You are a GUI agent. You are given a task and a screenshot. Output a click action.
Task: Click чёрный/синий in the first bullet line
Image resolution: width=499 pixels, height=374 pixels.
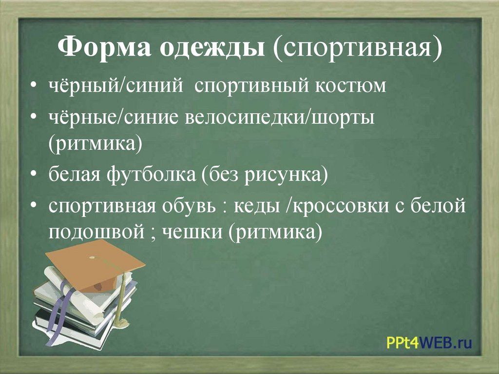click(x=116, y=86)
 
